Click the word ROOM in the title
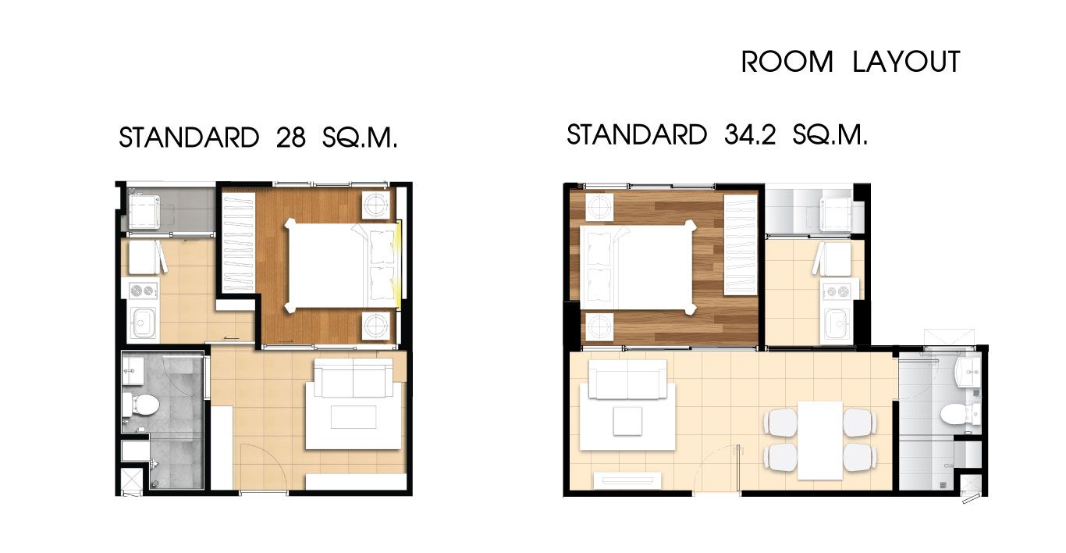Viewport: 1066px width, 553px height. [787, 62]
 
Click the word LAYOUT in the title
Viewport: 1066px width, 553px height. [907, 62]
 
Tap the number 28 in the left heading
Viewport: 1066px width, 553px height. [290, 137]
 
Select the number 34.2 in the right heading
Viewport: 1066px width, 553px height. [750, 134]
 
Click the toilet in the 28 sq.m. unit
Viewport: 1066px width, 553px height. [141, 405]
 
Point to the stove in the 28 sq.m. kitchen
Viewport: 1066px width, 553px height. [144, 290]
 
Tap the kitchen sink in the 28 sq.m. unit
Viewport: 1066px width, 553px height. [143, 323]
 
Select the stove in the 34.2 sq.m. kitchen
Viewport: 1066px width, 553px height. [837, 291]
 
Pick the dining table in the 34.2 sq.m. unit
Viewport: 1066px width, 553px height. [820, 441]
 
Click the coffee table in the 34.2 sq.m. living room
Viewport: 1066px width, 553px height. [627, 420]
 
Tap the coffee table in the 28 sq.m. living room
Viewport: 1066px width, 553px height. [354, 417]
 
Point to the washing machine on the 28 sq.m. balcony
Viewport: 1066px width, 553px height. [144, 211]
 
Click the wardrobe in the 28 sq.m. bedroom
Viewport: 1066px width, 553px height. [239, 243]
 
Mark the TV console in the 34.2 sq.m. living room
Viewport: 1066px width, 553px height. [627, 480]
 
